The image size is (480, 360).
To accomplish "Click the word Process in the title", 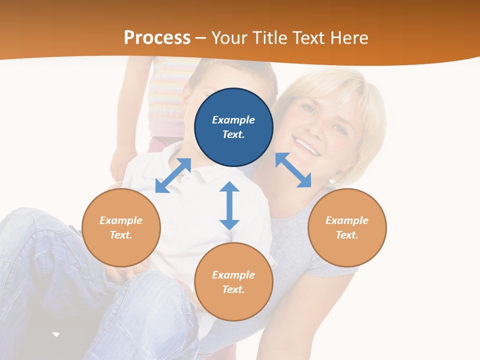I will pyautogui.click(x=157, y=38).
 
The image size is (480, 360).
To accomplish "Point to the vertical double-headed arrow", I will pyautogui.click(x=229, y=205).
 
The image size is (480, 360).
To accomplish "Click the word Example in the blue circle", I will pyautogui.click(x=233, y=120).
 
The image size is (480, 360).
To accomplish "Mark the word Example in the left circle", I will pyautogui.click(x=121, y=220).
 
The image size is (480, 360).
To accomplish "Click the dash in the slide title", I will pyautogui.click(x=201, y=38).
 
